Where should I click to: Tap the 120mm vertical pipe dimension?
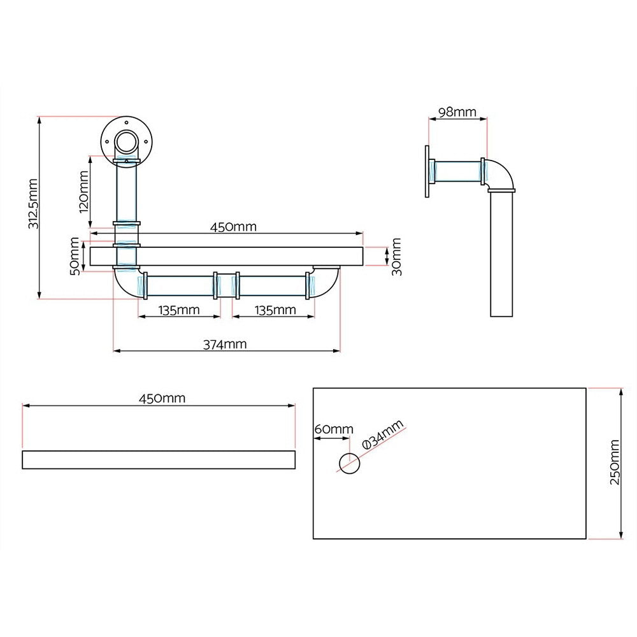[x=83, y=191]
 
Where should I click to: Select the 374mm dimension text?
[x=225, y=344]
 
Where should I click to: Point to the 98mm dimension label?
[x=457, y=113]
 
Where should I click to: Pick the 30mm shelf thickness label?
[x=396, y=256]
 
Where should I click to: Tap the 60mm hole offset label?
[x=333, y=429]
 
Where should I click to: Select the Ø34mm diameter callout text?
[x=382, y=436]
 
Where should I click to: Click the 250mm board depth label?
[x=614, y=462]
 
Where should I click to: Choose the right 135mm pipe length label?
[x=275, y=310]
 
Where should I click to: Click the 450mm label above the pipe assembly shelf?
[x=233, y=227]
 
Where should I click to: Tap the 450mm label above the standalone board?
[x=162, y=398]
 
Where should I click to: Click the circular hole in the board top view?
[x=349, y=463]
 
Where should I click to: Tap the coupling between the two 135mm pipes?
[x=226, y=285]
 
